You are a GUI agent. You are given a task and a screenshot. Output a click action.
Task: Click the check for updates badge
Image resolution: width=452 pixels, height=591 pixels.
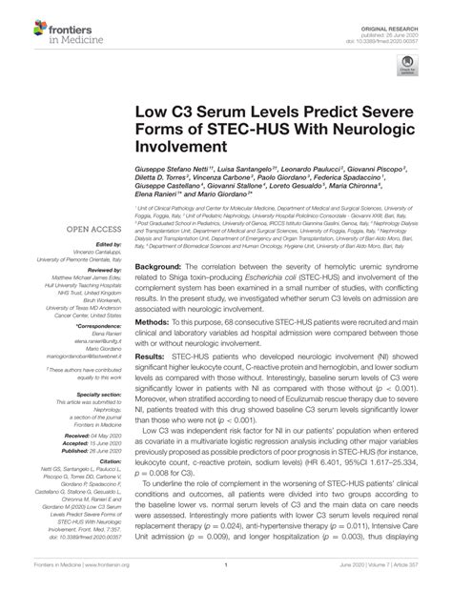point(407,66)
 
